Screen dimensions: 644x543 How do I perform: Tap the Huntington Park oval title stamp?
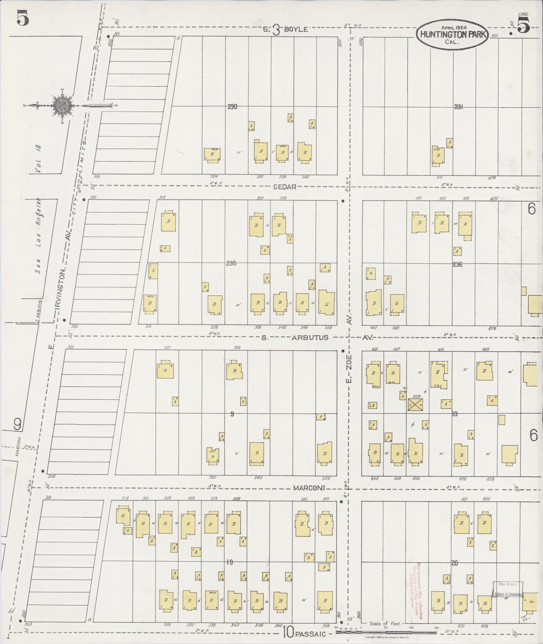point(452,34)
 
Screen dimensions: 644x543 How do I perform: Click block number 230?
point(232,107)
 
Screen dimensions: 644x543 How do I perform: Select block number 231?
point(459,107)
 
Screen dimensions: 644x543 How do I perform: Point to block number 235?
point(231,263)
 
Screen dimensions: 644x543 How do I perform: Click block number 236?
point(457,265)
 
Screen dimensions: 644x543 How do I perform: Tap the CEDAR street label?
point(284,187)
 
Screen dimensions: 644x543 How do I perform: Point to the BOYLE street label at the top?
point(296,30)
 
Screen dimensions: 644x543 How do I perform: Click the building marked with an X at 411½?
point(415,404)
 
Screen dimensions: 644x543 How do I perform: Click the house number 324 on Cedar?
point(214,177)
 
